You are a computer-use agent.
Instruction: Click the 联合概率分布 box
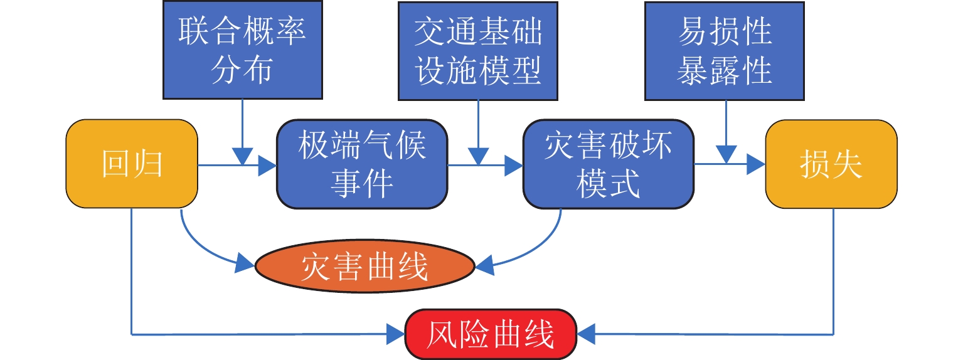(242, 50)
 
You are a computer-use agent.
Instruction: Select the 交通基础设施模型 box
(477, 50)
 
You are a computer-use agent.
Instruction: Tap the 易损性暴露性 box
(725, 50)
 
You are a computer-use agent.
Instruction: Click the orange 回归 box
(132, 164)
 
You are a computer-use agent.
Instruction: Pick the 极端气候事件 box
(362, 164)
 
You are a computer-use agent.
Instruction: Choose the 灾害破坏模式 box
(609, 164)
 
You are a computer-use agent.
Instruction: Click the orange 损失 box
(831, 164)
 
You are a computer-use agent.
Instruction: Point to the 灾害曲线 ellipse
(364, 267)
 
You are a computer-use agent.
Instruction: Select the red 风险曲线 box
(491, 334)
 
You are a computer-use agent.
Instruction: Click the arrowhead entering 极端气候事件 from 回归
(267, 166)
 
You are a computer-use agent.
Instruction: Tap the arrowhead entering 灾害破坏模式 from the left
(514, 166)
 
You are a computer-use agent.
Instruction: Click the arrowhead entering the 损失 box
(756, 166)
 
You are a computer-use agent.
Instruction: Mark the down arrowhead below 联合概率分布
(242, 156)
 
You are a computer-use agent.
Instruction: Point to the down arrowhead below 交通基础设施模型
(478, 156)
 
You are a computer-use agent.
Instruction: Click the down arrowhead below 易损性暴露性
(726, 154)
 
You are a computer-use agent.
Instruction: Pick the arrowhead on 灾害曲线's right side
(484, 265)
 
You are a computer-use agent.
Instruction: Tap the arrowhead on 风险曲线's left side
(396, 334)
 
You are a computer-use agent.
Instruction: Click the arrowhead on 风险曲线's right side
(586, 334)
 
